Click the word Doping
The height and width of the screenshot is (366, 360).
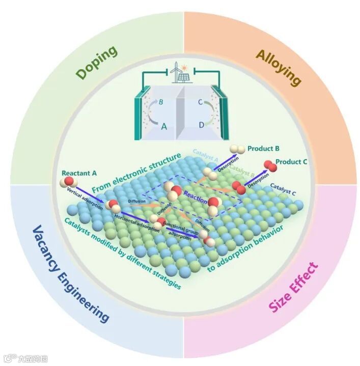tap(97, 62)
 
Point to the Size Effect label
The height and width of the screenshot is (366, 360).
tap(293, 288)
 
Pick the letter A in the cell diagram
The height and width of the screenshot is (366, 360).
tap(163, 127)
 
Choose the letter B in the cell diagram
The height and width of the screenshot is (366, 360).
tap(160, 101)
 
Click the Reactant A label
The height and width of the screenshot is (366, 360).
tap(78, 173)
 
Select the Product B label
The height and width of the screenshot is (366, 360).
tap(263, 149)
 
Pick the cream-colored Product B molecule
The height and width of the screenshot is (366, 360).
tap(236, 149)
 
